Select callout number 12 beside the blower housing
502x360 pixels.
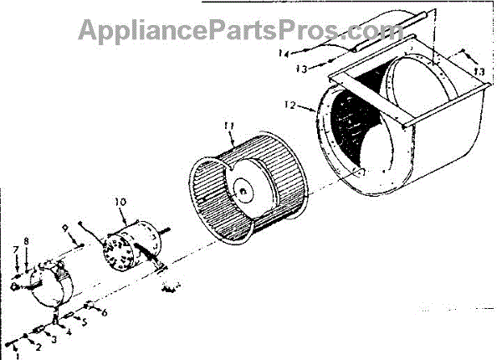pos(289,106)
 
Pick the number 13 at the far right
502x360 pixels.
pos(479,73)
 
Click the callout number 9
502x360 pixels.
pos(65,226)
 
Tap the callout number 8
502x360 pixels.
pos(27,241)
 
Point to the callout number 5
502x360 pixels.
pos(84,321)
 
